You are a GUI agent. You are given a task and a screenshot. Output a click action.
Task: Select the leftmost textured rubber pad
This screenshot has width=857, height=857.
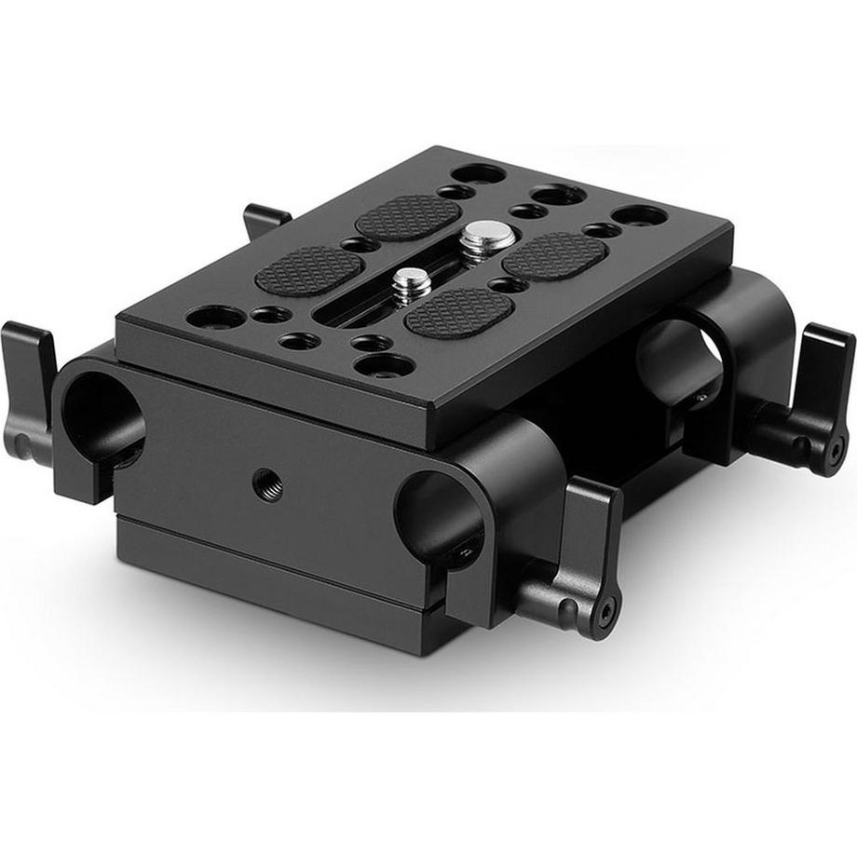click(308, 267)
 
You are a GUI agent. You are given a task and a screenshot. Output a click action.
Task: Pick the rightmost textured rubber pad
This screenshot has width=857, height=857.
click(556, 254)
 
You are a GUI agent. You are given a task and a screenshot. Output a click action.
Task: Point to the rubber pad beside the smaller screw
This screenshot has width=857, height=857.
click(459, 311)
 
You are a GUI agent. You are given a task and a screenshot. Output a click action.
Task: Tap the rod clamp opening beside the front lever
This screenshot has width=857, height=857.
click(438, 515)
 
